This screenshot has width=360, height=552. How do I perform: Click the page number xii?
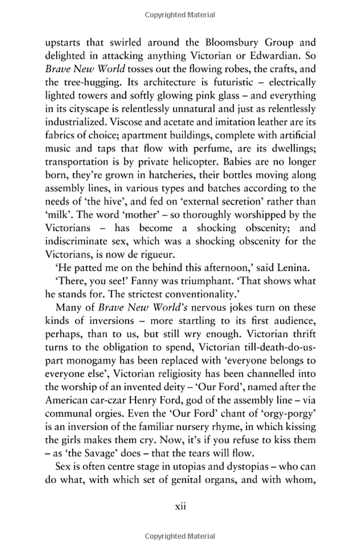coord(180,523)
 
